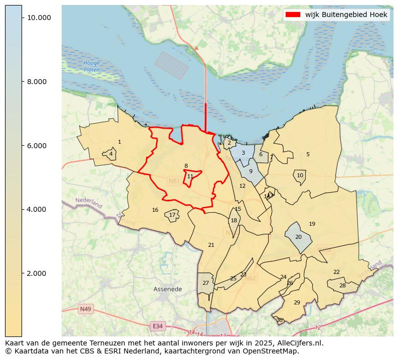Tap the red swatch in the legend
point(293,15)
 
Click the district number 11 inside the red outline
point(190,176)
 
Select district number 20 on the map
point(298,237)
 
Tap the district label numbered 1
point(119,142)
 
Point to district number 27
point(206,283)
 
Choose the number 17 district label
point(172,215)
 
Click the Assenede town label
point(167,289)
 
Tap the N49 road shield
point(85,309)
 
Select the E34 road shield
point(157,326)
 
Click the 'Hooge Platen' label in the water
point(92,66)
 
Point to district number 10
point(300,175)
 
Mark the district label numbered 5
point(308,154)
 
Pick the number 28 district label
point(342,285)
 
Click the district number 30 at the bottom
point(279,320)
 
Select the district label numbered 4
point(111,154)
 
